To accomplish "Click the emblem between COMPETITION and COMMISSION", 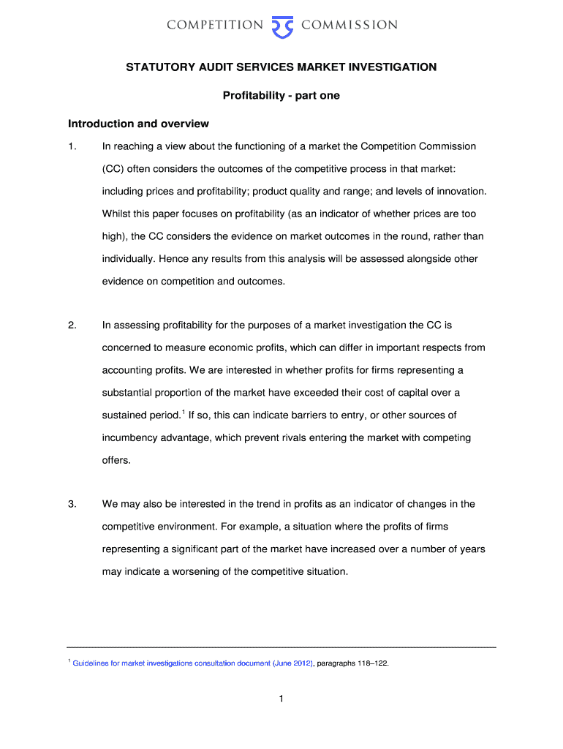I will tap(281, 26).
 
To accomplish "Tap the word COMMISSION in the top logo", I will tap(349, 25).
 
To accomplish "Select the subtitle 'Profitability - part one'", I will tap(281, 95).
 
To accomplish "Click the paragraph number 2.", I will tap(71, 325).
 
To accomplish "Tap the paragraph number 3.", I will tap(71, 504).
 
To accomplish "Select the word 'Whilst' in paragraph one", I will tap(118, 214).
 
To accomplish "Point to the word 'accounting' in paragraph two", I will tap(128, 370).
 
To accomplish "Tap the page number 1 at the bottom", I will tap(281, 699).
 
